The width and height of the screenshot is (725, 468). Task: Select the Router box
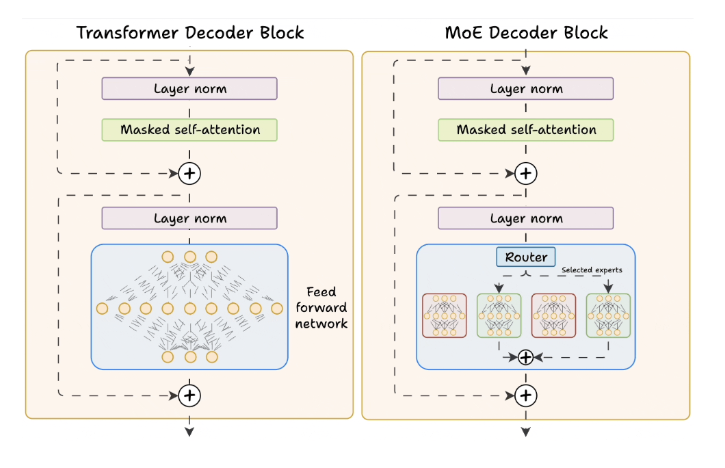click(x=526, y=257)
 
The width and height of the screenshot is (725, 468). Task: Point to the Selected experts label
click(x=592, y=270)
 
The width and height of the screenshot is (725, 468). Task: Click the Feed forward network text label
click(x=321, y=309)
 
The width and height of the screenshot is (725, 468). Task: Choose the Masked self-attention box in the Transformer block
click(x=189, y=130)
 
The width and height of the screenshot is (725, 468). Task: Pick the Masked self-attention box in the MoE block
click(x=526, y=130)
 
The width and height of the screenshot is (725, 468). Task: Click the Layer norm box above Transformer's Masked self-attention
click(x=189, y=89)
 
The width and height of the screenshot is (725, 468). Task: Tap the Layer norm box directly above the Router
click(x=526, y=219)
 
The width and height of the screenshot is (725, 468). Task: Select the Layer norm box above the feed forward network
click(x=189, y=219)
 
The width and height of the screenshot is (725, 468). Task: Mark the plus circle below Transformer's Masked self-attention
click(x=189, y=174)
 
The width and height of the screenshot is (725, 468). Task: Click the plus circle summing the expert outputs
click(x=525, y=356)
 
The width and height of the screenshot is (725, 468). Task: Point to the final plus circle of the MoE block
click(x=525, y=395)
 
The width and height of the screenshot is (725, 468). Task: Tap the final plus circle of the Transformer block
click(x=189, y=395)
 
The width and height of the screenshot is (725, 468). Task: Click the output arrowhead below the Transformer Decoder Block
click(x=189, y=431)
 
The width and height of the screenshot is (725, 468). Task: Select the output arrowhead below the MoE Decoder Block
click(x=525, y=431)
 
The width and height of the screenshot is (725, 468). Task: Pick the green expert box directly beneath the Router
click(x=499, y=315)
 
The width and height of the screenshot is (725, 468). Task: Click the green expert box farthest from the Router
click(x=608, y=315)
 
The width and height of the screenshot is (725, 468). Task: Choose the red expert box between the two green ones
click(x=553, y=315)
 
